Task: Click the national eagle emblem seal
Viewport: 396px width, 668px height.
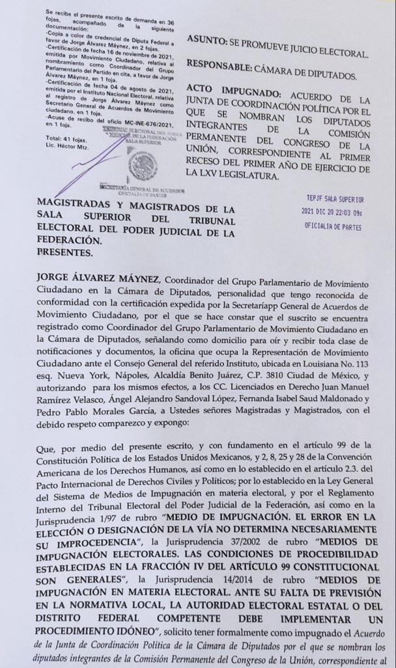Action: (143, 164)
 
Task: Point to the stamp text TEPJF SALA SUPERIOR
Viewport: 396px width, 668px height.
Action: (335, 199)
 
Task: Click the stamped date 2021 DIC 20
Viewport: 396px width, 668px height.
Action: (323, 212)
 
